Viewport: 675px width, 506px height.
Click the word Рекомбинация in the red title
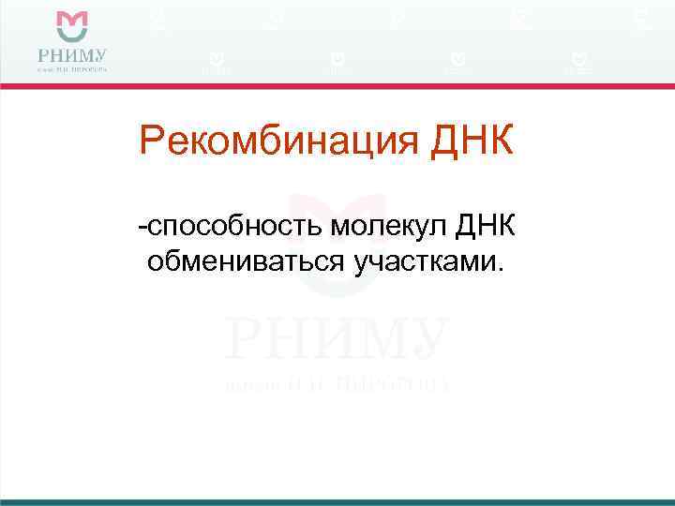coord(270,141)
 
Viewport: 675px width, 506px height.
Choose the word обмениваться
coord(246,261)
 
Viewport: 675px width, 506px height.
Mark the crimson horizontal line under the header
coord(337,86)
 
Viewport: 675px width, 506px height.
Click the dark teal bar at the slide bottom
coord(337,502)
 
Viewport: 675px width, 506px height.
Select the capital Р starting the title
coord(150,141)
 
